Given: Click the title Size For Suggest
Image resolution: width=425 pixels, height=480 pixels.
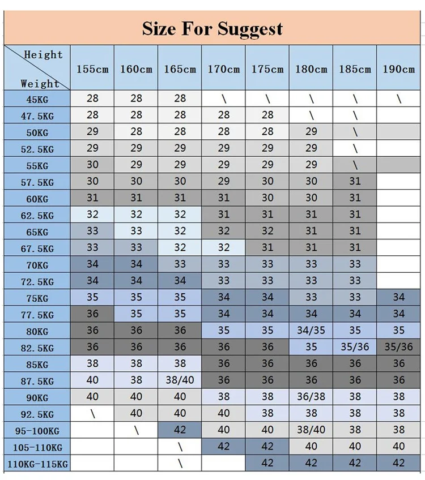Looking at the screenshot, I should (x=212, y=28).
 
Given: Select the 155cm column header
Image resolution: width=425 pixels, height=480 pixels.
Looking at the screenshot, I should (x=92, y=69).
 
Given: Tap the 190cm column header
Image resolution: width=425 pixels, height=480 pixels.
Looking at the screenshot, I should (x=399, y=69).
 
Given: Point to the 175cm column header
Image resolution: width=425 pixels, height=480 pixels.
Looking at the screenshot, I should (x=267, y=69).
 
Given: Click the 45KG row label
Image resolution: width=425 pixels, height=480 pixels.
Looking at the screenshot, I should (x=37, y=100).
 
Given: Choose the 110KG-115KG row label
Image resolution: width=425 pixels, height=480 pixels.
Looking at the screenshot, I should (x=37, y=464).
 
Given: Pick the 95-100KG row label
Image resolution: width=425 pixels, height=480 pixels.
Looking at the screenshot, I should (x=37, y=431).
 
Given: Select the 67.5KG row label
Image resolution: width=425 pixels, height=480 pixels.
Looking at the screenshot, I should (x=37, y=248).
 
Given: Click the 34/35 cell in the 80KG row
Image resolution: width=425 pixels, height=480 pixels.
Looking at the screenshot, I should (x=311, y=331).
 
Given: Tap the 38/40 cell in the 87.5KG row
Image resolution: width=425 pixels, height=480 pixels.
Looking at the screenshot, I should (x=180, y=380).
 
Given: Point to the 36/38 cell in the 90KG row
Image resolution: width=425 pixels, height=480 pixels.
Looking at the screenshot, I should (x=311, y=397).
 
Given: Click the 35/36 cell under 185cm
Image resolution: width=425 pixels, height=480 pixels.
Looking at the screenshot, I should (x=355, y=347).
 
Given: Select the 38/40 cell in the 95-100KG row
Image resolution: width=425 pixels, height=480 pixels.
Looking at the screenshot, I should (x=311, y=430).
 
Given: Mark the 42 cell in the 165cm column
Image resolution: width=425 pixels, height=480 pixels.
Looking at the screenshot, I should (x=180, y=430).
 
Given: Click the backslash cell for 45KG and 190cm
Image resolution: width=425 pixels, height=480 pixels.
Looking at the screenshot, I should (x=399, y=98).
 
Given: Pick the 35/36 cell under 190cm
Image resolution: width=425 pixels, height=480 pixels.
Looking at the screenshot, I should (x=399, y=347).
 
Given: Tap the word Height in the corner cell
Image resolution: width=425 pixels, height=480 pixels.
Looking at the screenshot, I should (x=43, y=55).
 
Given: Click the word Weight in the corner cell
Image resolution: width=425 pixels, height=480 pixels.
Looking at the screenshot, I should (x=40, y=83).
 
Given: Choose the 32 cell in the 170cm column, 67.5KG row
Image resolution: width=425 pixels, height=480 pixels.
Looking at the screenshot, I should (x=224, y=247).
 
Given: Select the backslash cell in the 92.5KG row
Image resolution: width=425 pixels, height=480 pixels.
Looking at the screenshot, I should (x=92, y=414).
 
